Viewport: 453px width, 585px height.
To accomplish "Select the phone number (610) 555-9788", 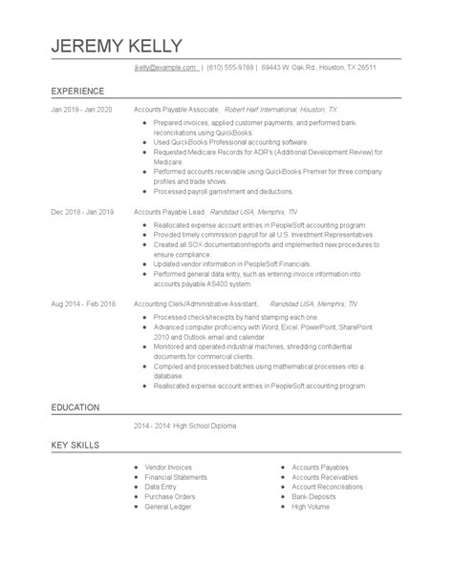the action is pyautogui.click(x=232, y=68).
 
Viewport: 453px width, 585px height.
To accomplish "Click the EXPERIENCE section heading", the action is pyautogui.click(x=79, y=93).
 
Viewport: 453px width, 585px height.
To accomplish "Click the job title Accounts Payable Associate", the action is pyautogui.click(x=177, y=110).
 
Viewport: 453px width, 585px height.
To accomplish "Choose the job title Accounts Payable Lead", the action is pyautogui.click(x=169, y=209).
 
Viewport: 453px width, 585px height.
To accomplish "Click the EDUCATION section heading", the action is pyautogui.click(x=75, y=407).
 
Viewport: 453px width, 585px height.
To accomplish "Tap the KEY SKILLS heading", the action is pyautogui.click(x=75, y=446).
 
